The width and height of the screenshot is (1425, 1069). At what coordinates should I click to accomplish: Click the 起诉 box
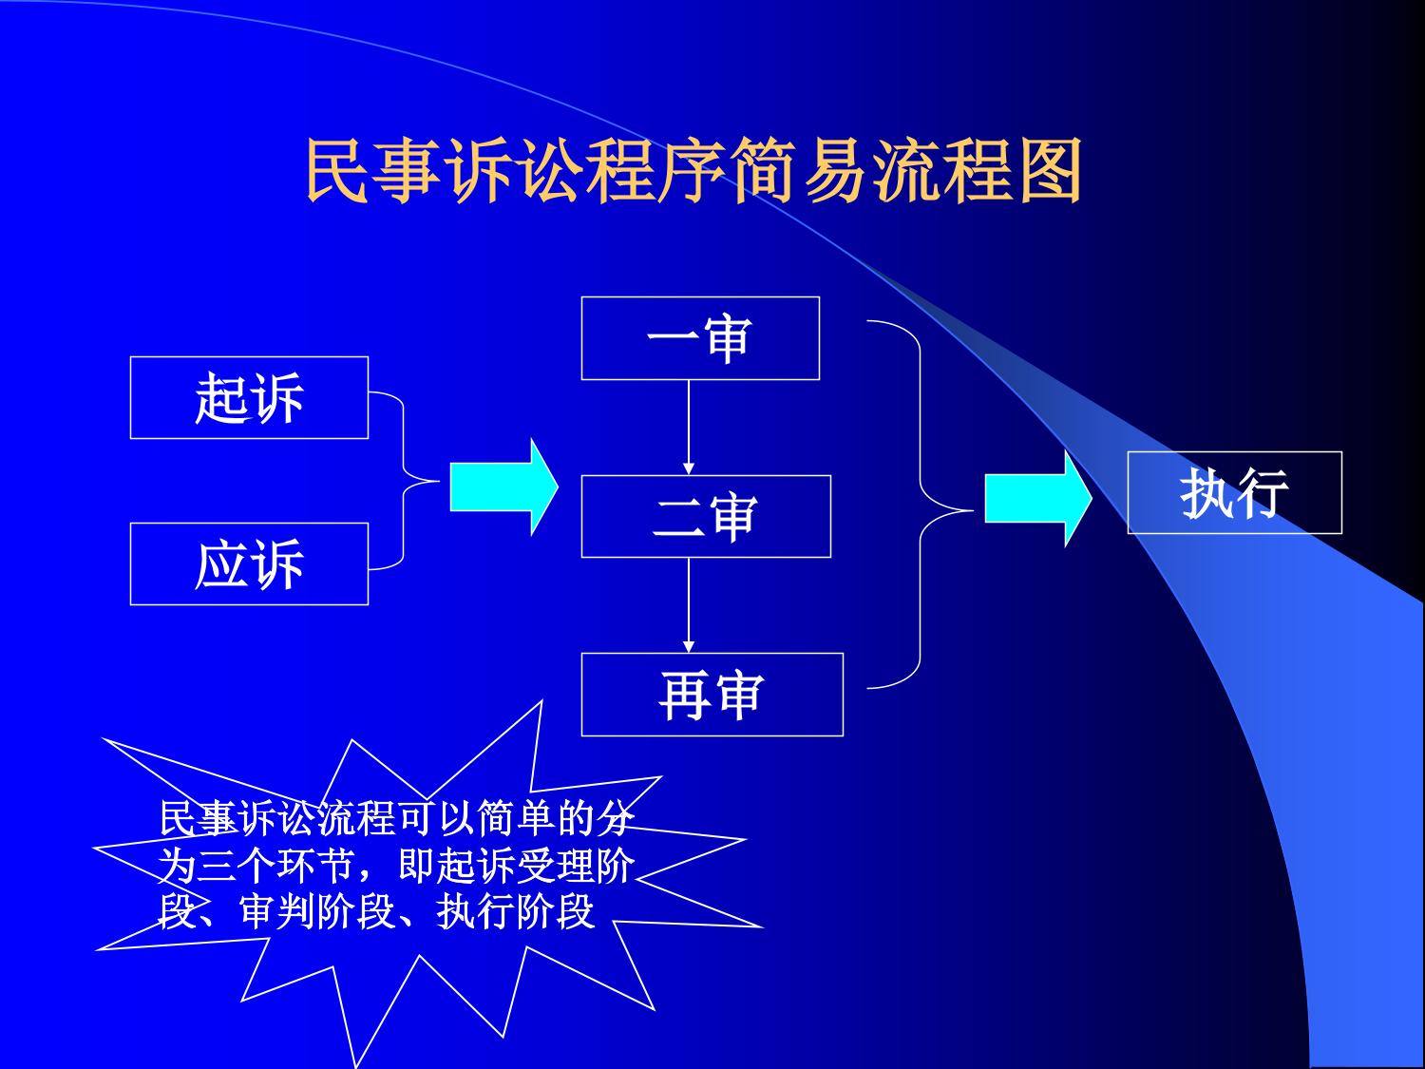(249, 398)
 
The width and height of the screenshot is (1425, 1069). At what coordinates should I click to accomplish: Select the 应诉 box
(249, 564)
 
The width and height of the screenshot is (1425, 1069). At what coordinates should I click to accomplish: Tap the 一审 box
(700, 338)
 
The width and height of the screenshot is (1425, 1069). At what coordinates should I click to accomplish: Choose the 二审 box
(707, 517)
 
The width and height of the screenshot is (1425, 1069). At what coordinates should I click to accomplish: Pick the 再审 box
(712, 695)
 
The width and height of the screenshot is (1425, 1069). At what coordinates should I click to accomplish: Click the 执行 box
(1235, 492)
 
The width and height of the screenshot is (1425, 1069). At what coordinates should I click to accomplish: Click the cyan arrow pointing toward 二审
(504, 487)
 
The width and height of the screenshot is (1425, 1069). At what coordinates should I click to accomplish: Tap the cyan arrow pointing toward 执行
(1038, 499)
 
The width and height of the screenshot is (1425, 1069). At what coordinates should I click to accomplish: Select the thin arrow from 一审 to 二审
(689, 428)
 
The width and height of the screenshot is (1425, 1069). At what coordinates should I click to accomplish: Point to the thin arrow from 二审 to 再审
(689, 605)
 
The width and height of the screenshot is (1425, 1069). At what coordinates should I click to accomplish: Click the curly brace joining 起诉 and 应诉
(404, 481)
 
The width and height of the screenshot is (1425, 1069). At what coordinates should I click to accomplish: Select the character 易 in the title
(836, 171)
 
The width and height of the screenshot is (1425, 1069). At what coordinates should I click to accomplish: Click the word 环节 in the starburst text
(314, 866)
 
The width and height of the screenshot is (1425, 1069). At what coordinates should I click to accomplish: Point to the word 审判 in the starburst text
(276, 912)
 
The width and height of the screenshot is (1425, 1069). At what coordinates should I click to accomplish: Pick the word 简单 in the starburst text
(514, 818)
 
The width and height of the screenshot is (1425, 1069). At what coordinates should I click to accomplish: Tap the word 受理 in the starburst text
(554, 866)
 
